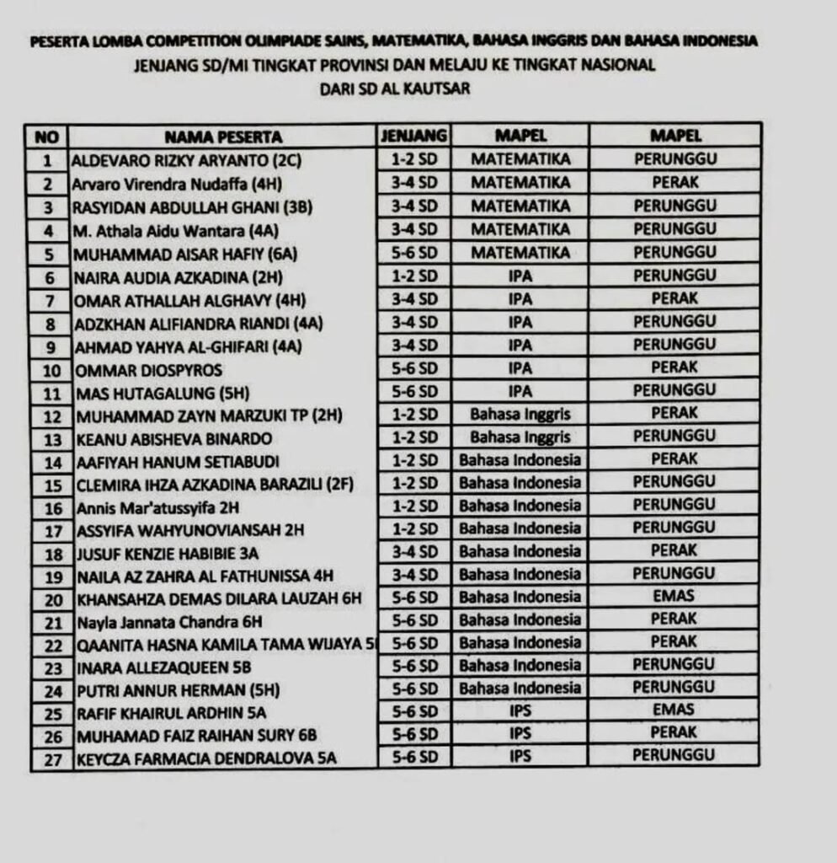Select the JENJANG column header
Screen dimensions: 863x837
pyautogui.click(x=413, y=136)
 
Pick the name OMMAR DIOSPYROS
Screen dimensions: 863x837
pyautogui.click(x=149, y=370)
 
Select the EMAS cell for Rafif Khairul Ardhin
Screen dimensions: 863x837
pyautogui.click(x=674, y=710)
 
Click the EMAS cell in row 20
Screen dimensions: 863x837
pyautogui.click(x=674, y=596)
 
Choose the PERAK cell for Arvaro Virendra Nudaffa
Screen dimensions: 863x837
pyautogui.click(x=674, y=182)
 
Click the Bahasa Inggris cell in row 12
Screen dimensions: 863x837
pyautogui.click(x=520, y=414)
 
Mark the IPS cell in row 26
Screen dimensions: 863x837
pyautogui.click(x=520, y=733)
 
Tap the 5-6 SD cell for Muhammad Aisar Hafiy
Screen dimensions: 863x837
pyautogui.click(x=413, y=252)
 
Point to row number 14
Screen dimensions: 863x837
pyautogui.click(x=47, y=461)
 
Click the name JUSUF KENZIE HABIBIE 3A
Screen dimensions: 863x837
pyautogui.click(x=168, y=553)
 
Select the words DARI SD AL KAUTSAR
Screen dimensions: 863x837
pyautogui.click(x=395, y=88)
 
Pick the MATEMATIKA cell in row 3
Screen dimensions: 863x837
pyautogui.click(x=520, y=206)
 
